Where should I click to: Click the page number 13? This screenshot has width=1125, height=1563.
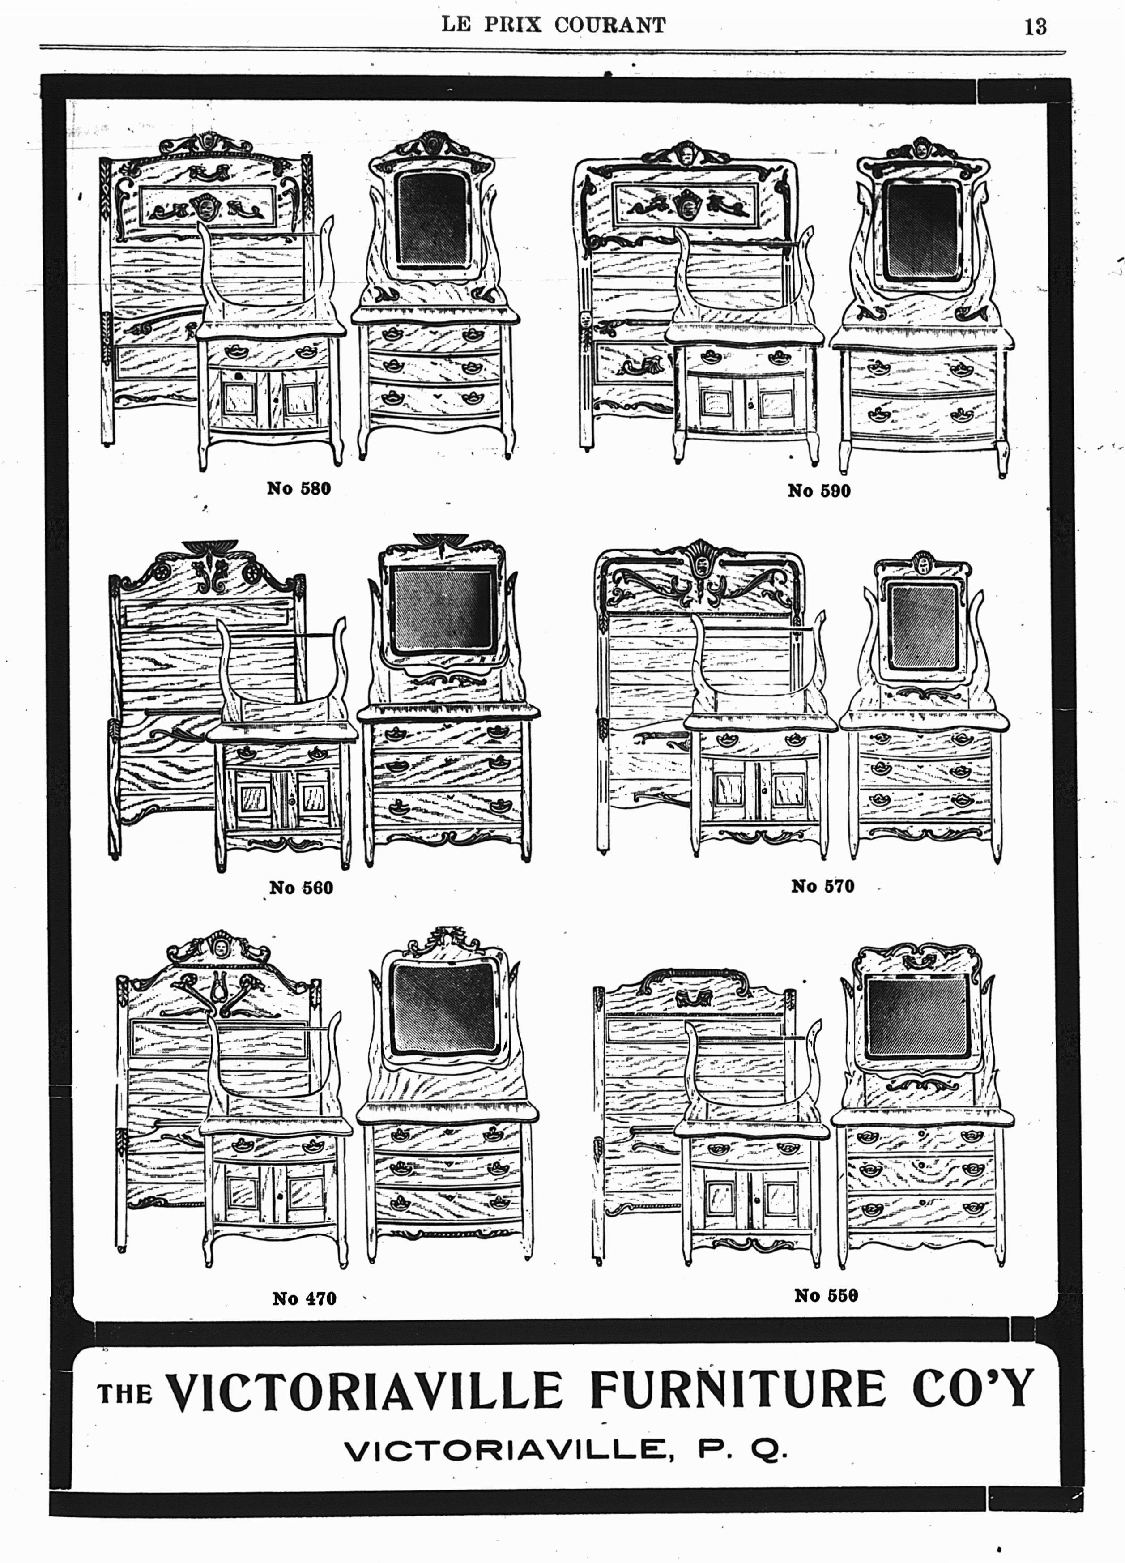click(1035, 26)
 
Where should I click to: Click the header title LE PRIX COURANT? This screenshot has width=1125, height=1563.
click(554, 25)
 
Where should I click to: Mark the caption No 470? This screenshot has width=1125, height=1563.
click(304, 1298)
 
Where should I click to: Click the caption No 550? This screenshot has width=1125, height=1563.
click(826, 1296)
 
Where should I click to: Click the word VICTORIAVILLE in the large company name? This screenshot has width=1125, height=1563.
click(366, 1392)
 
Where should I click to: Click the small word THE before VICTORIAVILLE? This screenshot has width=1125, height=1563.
click(125, 1395)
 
